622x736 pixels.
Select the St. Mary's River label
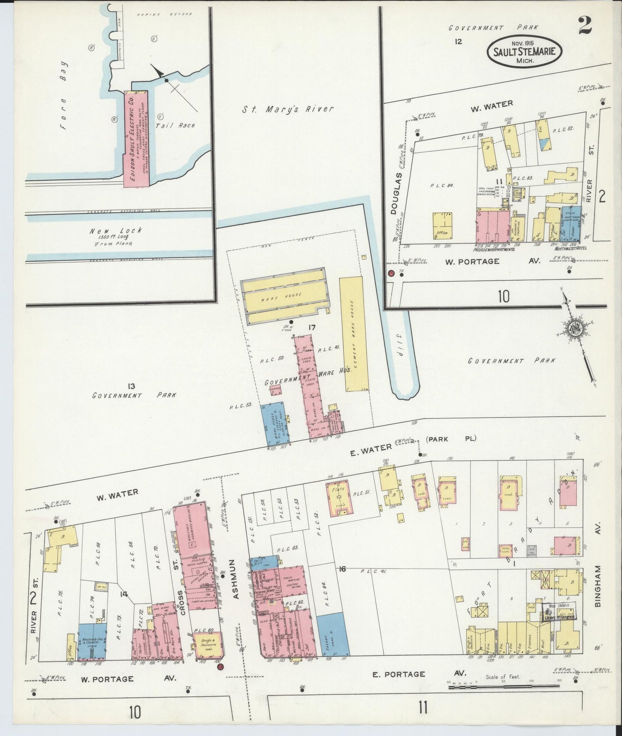287,109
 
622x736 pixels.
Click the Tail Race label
181,125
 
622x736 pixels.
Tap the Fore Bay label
65,102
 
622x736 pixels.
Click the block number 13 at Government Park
131,386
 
